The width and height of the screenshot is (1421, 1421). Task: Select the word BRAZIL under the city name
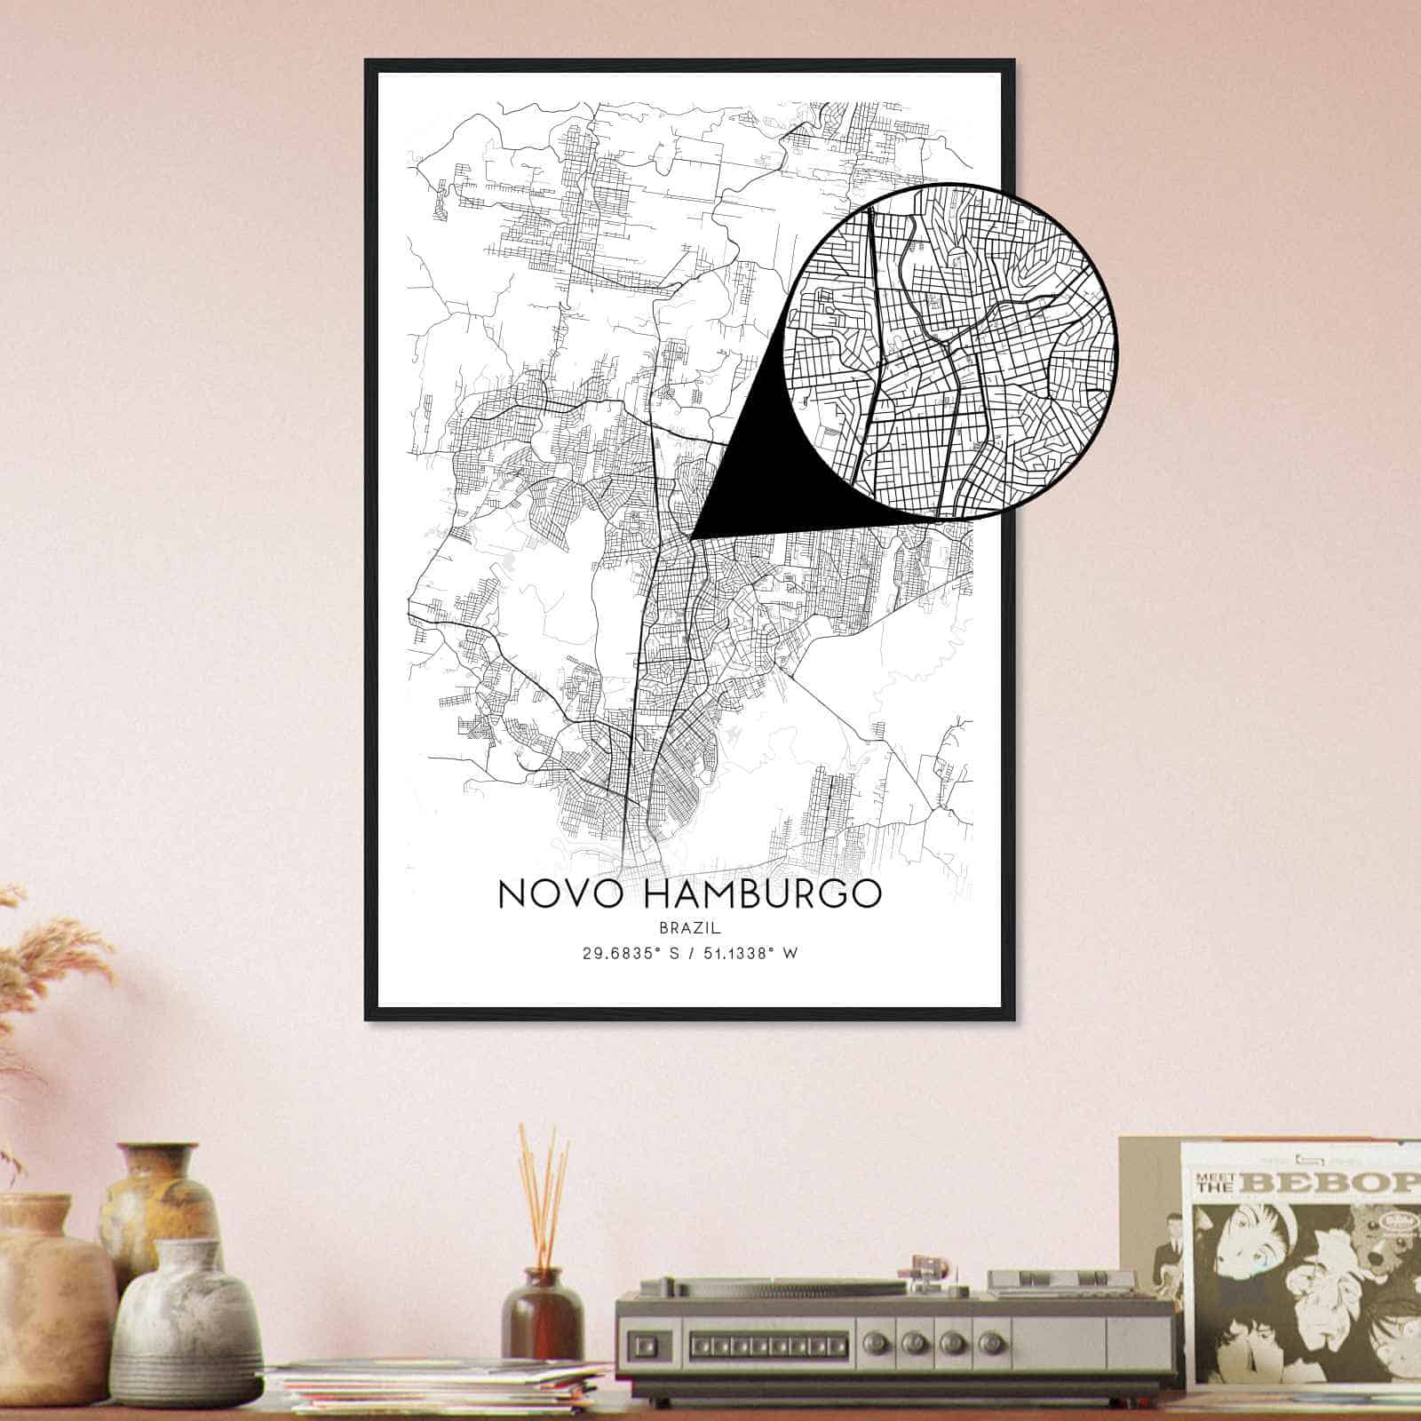coord(690,927)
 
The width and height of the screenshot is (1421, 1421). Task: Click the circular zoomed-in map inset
coord(950,350)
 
